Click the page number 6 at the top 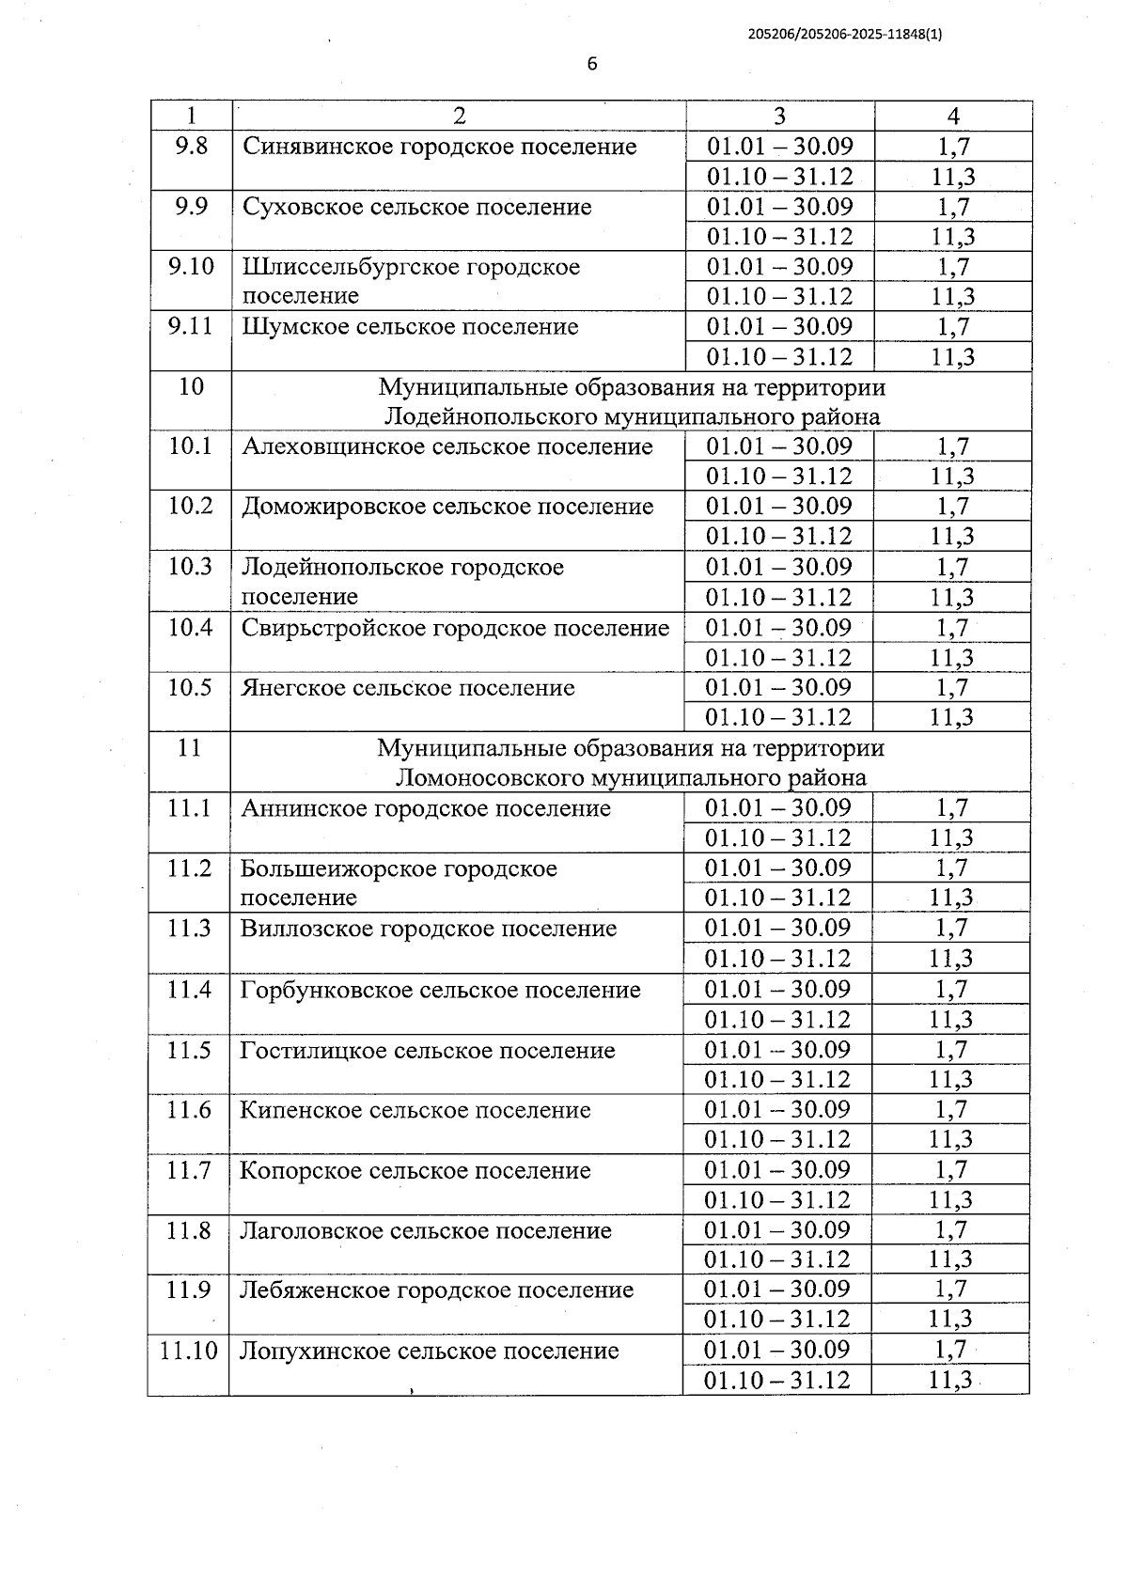coord(591,64)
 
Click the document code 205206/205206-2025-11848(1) coord(845,34)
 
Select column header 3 coord(779,116)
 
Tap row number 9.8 coord(191,147)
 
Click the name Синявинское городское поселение coord(439,147)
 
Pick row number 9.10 coord(191,266)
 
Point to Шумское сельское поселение coord(410,327)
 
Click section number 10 coord(191,386)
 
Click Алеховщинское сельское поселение coord(446,446)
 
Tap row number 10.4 coord(190,627)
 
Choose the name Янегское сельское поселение coord(407,687)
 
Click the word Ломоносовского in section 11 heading coord(490,777)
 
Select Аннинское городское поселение coord(425,808)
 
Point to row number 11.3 coord(189,929)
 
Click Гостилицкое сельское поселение coord(427,1050)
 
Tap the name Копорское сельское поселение coord(415,1170)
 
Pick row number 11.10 coord(189,1351)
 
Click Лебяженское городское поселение coord(436,1290)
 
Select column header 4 coord(953,116)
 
